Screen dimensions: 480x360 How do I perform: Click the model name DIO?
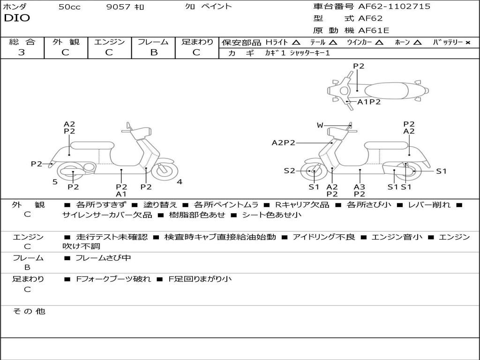click(17, 18)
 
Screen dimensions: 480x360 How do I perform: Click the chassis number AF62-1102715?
click(394, 6)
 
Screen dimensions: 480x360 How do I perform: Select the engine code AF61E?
click(374, 30)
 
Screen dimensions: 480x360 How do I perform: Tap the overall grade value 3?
click(22, 52)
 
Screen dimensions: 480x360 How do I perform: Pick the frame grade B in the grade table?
click(154, 52)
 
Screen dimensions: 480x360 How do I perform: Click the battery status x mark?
click(468, 43)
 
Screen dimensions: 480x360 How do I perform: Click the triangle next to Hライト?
click(296, 42)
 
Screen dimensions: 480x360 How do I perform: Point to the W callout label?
click(320, 125)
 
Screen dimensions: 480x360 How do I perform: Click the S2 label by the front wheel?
click(289, 171)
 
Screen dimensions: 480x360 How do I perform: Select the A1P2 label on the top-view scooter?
click(369, 102)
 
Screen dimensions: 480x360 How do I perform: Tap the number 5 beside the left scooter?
click(55, 182)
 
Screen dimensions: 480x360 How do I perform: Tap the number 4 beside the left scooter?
click(180, 182)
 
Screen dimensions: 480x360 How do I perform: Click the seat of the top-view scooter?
click(386, 91)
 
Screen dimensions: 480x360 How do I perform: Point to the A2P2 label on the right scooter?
click(284, 142)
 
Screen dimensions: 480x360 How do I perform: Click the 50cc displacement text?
click(69, 7)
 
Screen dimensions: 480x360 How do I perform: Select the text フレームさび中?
click(103, 258)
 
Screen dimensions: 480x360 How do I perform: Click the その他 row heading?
click(29, 311)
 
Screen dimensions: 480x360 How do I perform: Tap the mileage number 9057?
click(118, 7)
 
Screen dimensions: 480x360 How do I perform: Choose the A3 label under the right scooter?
click(360, 187)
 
